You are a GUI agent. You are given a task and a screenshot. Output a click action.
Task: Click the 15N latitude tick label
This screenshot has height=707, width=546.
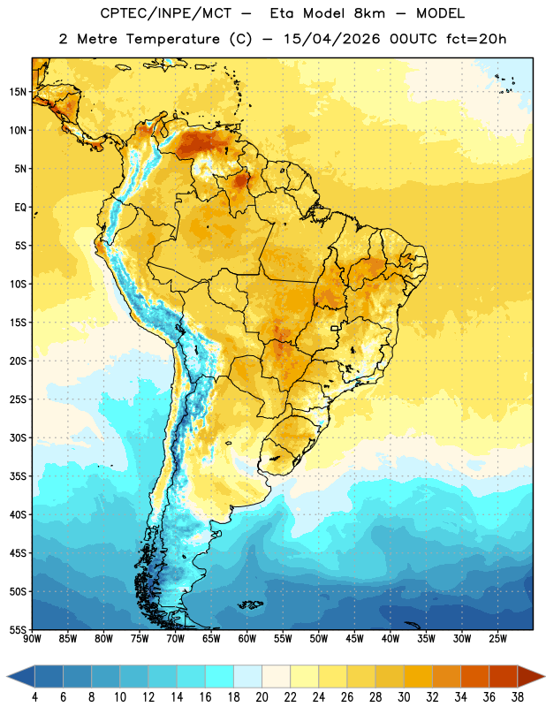click(x=18, y=92)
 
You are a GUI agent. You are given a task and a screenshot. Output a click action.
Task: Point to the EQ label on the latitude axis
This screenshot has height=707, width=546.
click(x=20, y=208)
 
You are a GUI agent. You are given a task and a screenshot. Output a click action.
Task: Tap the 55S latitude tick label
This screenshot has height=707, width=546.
click(x=18, y=630)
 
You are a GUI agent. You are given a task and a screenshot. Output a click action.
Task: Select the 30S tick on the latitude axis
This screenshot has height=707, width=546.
click(x=18, y=437)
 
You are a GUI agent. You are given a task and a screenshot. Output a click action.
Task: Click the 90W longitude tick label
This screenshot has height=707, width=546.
click(x=32, y=639)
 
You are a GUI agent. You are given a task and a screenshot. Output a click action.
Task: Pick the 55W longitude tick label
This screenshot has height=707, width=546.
click(x=283, y=639)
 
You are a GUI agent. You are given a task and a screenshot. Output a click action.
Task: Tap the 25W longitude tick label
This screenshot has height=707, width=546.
click(x=497, y=639)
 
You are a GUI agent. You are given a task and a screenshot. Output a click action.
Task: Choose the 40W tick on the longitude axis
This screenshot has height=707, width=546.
click(x=391, y=639)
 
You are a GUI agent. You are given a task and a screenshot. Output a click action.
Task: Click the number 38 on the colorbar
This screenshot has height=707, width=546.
click(x=518, y=697)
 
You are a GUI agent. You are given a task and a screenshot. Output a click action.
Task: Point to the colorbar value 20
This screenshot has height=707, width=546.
click(x=262, y=697)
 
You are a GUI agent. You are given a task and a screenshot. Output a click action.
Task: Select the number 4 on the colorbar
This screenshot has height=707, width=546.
click(x=34, y=697)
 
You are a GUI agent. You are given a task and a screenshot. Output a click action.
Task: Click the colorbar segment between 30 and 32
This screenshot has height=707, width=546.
click(x=418, y=677)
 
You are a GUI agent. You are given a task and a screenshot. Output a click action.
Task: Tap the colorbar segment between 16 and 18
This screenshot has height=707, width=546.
click(x=219, y=677)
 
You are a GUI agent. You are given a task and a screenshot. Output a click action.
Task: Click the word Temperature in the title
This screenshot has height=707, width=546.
click(x=172, y=39)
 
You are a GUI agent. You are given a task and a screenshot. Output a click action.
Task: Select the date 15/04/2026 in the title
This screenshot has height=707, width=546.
click(x=331, y=39)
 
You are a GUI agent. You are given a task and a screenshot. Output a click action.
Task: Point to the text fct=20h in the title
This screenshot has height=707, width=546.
click(x=475, y=39)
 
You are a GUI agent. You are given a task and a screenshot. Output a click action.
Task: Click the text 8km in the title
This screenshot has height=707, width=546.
click(x=369, y=13)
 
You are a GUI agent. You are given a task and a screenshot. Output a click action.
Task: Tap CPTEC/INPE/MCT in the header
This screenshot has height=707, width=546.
click(x=165, y=13)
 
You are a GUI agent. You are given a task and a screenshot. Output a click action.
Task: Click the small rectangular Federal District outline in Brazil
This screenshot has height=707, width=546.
click(x=335, y=328)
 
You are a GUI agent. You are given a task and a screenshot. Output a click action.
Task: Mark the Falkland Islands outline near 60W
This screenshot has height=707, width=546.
click(x=251, y=604)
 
